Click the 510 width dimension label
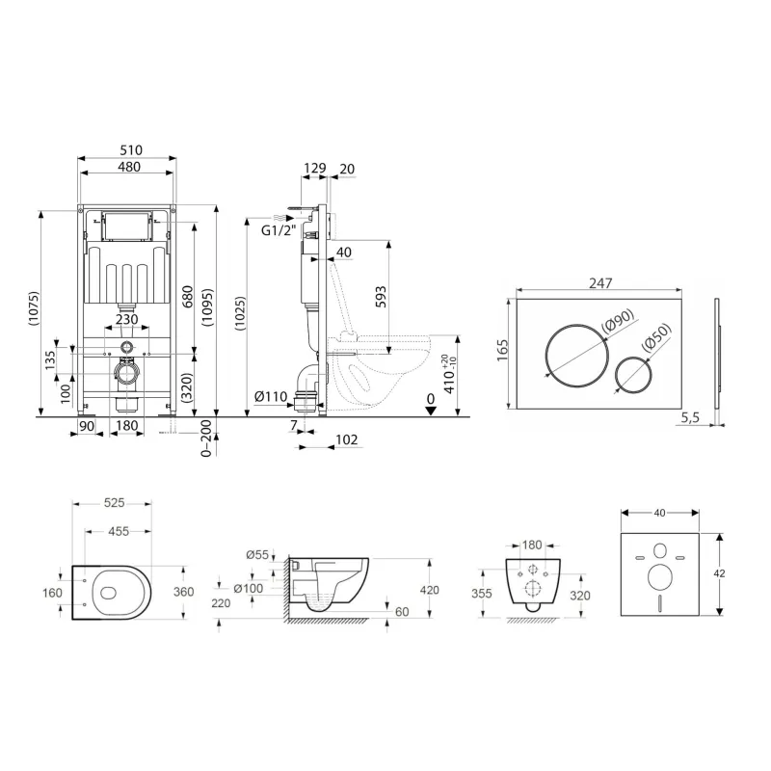point(131,150)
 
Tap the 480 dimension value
point(129,167)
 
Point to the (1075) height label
point(33,308)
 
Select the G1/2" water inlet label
point(279,229)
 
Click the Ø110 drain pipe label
point(271,395)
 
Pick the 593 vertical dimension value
point(381,297)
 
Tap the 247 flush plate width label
point(600,282)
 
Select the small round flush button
point(634,374)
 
